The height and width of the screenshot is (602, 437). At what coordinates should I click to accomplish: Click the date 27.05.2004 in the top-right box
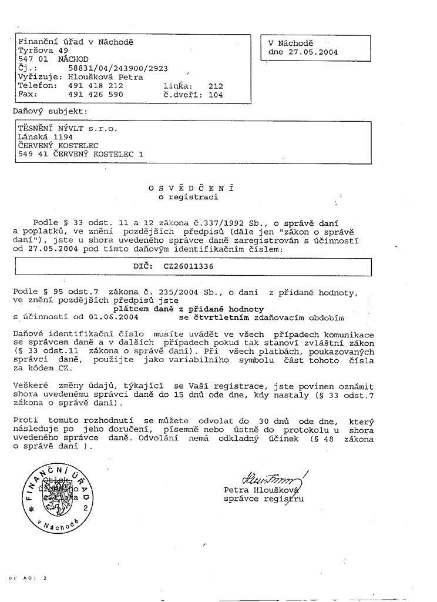click(313, 52)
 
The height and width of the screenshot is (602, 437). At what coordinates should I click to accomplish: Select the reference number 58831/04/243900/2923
click(114, 68)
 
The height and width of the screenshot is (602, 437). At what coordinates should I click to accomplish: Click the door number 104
click(216, 93)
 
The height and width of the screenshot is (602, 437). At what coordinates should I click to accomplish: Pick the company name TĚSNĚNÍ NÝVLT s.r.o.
click(68, 127)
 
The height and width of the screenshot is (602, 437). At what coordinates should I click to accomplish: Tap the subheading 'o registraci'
click(189, 197)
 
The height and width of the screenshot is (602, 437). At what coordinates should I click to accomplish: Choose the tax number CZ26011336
click(180, 266)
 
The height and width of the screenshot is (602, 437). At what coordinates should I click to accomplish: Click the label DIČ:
click(144, 266)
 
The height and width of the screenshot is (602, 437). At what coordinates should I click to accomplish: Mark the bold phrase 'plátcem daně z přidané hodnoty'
click(189, 309)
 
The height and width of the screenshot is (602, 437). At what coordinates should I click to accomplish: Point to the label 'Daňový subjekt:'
click(50, 110)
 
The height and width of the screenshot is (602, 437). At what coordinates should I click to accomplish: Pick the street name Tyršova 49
click(43, 51)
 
